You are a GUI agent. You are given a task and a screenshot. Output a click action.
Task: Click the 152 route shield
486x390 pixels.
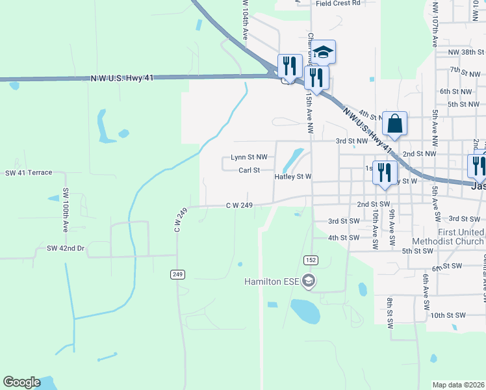pos(311,260)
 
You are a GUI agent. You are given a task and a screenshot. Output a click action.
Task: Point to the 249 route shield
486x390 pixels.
pos(177,274)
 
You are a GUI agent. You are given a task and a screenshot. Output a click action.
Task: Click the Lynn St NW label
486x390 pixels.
pos(249,157)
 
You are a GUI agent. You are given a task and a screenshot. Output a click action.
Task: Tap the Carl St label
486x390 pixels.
pos(249,170)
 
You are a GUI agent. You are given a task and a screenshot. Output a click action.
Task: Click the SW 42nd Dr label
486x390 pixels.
pos(66,248)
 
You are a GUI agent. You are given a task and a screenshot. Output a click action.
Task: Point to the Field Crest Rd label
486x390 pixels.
pos(338,3)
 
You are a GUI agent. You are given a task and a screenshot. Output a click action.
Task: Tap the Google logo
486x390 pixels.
pos(21,382)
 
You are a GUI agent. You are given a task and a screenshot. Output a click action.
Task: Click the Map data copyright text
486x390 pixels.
pos(459,385)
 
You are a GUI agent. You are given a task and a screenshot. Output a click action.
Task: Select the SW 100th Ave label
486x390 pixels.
pos(66,211)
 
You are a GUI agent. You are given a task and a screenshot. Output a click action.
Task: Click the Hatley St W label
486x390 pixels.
pos(293,176)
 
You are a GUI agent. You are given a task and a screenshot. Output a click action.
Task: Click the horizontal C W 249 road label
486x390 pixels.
pos(238,205)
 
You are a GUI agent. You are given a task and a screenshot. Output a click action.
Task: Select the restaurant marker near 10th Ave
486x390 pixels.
pos(385,174)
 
